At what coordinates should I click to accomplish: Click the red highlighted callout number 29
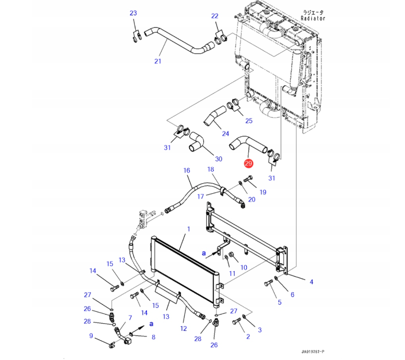click(x=248, y=163)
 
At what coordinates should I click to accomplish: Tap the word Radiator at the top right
click(x=313, y=18)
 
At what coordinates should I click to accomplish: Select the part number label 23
click(x=133, y=13)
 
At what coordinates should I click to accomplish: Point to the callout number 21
click(x=158, y=61)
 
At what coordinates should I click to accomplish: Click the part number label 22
click(x=215, y=16)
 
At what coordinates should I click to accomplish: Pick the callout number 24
click(x=226, y=133)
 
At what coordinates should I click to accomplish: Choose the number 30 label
click(x=219, y=159)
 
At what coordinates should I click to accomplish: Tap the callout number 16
click(x=186, y=171)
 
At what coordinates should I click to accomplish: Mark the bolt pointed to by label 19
click(x=248, y=178)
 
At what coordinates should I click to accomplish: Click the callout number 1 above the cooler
click(x=188, y=229)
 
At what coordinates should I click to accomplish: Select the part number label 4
click(x=311, y=282)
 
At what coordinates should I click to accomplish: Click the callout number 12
click(x=184, y=328)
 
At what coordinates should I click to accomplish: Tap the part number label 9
click(x=91, y=336)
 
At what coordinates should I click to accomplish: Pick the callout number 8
click(x=153, y=337)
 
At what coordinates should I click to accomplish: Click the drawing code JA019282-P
click(x=313, y=351)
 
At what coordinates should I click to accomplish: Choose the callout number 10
click(x=244, y=267)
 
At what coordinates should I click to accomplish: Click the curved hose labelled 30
click(x=197, y=142)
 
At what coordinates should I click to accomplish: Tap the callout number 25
click(x=249, y=120)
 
